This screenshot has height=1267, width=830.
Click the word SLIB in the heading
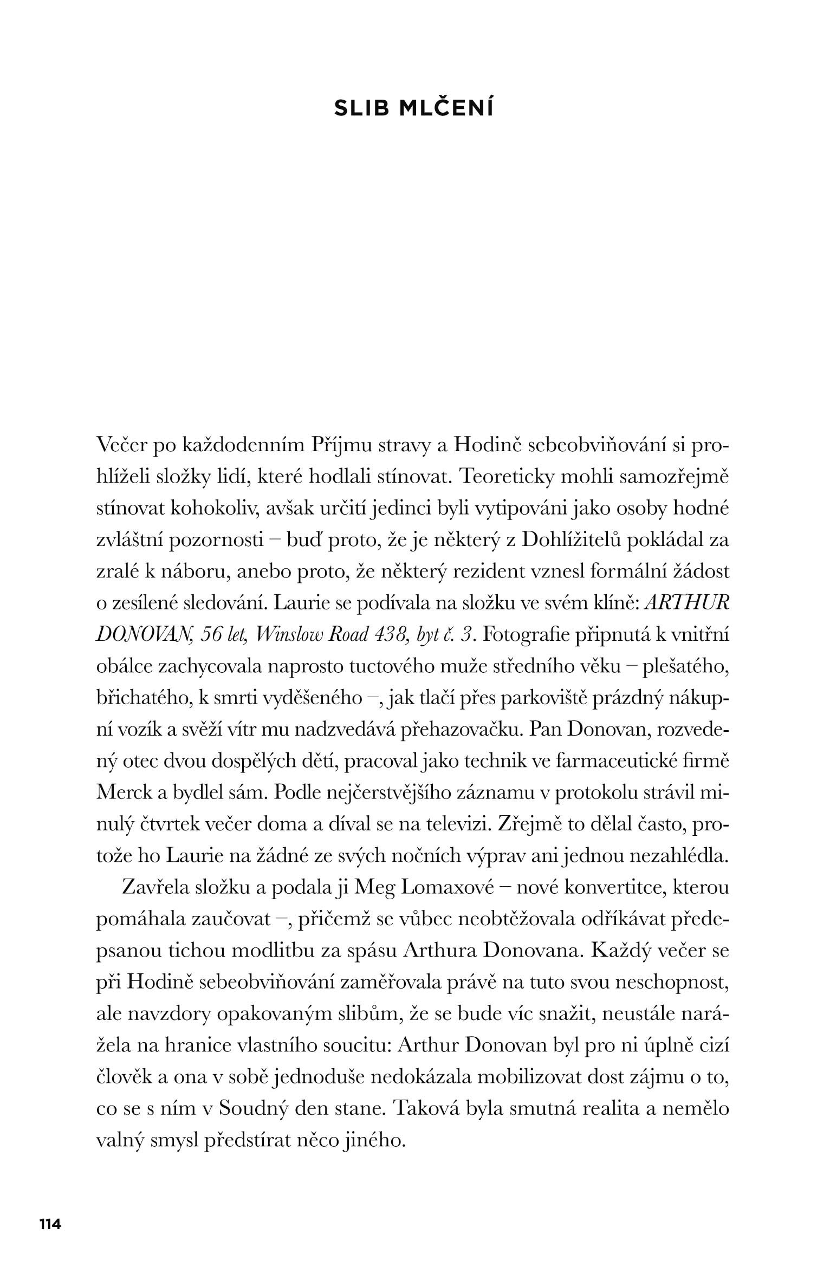coord(361,109)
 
